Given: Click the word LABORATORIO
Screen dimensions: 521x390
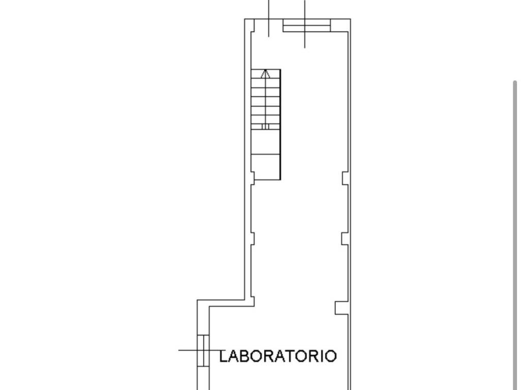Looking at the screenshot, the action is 278,356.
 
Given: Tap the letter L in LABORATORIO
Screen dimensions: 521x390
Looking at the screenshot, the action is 223,356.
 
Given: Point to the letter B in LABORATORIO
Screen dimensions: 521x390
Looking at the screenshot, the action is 246,356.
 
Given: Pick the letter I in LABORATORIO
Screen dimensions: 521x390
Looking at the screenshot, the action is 321,356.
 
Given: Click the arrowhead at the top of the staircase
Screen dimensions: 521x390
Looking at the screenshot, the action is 265,74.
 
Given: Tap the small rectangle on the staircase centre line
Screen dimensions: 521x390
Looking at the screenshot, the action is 265,126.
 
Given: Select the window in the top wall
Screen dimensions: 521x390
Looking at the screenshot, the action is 307,25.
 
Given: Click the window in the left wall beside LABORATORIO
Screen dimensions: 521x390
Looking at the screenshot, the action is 203,350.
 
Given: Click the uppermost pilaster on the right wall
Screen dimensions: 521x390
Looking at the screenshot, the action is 345,178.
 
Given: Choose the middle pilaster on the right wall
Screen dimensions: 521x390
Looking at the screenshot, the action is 345,239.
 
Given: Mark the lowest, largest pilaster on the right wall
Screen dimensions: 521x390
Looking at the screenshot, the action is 341,308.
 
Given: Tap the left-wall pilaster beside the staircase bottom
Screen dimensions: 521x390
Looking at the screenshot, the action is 252,178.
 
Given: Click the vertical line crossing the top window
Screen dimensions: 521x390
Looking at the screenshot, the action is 305,24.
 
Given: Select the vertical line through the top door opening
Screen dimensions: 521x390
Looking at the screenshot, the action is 269,18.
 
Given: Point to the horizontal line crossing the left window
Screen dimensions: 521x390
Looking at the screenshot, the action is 199,350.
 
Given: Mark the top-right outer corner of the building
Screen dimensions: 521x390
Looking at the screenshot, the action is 351,19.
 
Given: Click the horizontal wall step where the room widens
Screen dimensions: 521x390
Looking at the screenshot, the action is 226,303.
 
